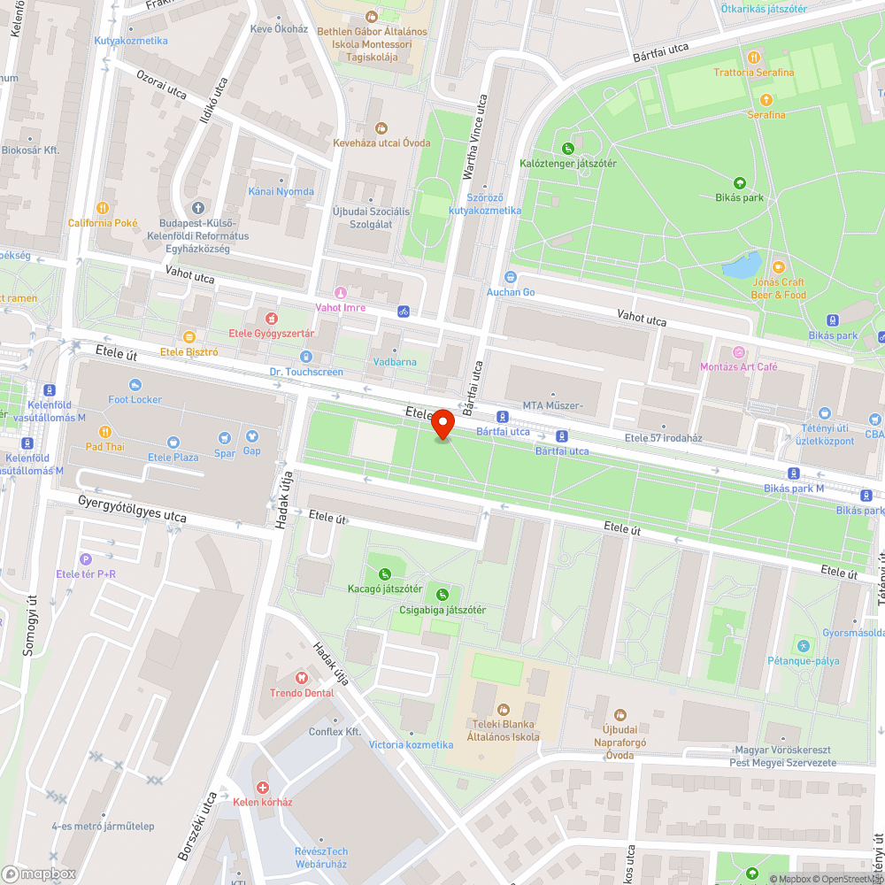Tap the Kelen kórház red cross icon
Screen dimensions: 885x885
click(263, 787)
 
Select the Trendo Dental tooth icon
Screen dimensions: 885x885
click(302, 677)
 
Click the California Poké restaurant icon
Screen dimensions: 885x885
click(103, 207)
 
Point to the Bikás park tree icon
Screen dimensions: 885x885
click(740, 183)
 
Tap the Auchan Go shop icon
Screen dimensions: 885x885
click(510, 277)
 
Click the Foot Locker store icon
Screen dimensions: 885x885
click(135, 384)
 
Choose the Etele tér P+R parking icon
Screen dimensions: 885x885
click(86, 558)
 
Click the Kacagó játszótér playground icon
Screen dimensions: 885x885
click(384, 573)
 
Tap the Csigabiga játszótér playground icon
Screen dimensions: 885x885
click(442, 595)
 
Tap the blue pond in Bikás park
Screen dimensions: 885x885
click(742, 265)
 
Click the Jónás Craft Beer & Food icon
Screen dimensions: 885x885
click(779, 266)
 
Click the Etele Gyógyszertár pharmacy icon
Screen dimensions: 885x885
click(272, 317)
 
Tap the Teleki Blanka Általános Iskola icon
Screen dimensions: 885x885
click(504, 710)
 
